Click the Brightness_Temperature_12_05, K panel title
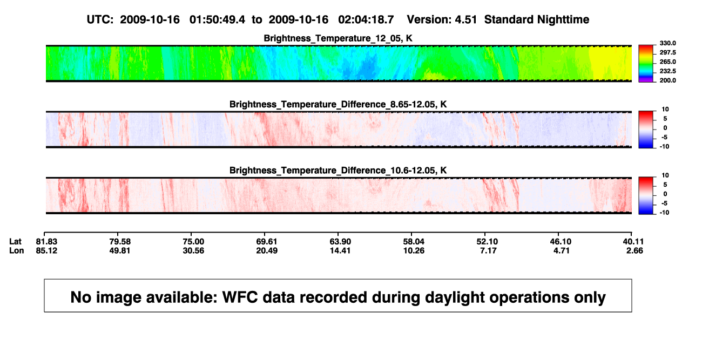[338, 38]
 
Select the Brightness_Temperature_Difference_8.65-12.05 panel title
[338, 104]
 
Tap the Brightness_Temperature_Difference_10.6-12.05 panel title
[338, 171]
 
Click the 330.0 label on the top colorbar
[667, 43]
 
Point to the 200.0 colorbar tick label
[667, 80]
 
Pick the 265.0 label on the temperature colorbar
[667, 62]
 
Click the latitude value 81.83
[46, 242]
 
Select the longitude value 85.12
[46, 250]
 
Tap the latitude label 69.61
[267, 242]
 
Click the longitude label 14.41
[340, 250]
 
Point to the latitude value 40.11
[633, 242]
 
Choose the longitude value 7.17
[488, 250]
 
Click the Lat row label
[15, 242]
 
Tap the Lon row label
[17, 250]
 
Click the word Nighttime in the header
[563, 20]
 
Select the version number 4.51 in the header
[465, 20]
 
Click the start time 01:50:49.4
[217, 20]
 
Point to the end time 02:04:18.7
[366, 20]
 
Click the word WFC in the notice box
[240, 297]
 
